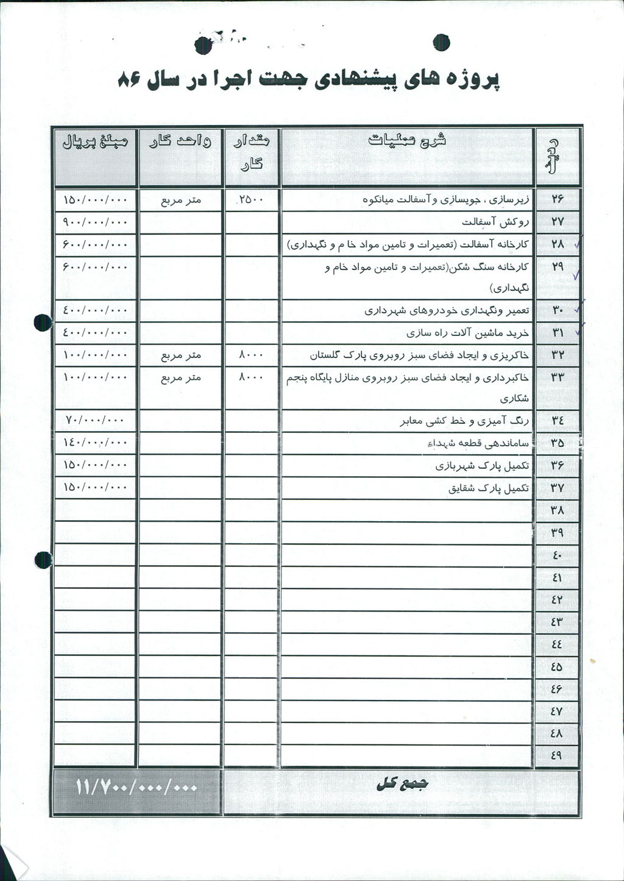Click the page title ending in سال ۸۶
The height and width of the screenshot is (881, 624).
308,80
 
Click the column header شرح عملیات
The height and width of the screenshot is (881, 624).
407,140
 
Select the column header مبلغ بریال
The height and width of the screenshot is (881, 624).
95,142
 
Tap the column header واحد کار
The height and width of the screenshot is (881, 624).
180,142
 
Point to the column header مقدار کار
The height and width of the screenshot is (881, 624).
251,151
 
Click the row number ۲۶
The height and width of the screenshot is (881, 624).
558,199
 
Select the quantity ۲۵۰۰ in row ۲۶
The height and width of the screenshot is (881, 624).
251,199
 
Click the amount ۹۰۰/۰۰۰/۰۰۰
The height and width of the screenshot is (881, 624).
95,221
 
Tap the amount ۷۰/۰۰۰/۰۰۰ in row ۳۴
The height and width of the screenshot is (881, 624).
94,420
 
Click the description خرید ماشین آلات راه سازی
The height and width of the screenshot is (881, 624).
467,333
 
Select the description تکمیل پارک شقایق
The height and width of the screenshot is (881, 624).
488,488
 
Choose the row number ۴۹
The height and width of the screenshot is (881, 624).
556,755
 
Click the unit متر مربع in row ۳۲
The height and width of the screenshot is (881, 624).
180,355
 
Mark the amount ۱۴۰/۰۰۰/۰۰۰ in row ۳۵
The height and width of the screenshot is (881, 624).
95,443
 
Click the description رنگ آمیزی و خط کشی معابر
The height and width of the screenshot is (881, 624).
464,421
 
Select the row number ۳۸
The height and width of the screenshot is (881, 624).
557,510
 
